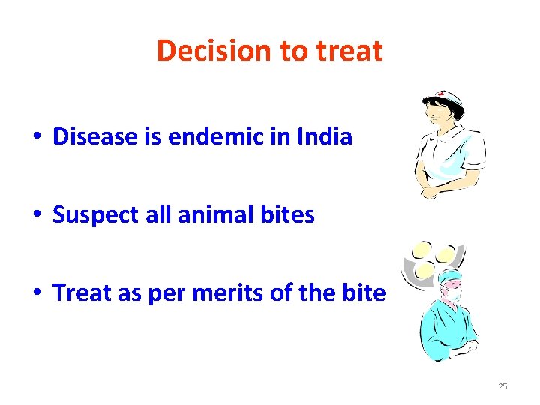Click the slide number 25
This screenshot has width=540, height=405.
coord(502,386)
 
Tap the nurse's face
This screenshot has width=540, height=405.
coord(438,116)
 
